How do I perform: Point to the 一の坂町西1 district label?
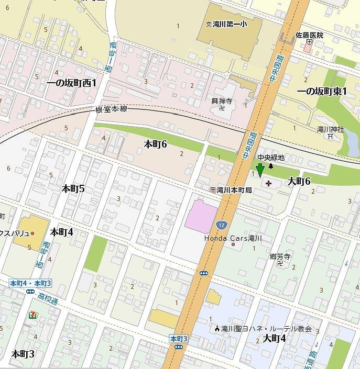click(x=72, y=83)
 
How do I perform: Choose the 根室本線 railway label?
click(x=111, y=109)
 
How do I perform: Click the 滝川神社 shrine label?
click(x=330, y=129)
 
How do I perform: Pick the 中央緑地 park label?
click(x=270, y=157)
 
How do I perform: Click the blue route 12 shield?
click(x=221, y=225)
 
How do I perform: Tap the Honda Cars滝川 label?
click(x=233, y=238)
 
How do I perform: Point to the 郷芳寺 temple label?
click(x=280, y=256)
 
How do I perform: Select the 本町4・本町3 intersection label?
click(x=31, y=283)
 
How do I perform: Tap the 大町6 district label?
click(x=299, y=181)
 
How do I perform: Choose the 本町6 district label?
click(x=155, y=144)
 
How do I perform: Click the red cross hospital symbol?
click(x=269, y=183)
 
